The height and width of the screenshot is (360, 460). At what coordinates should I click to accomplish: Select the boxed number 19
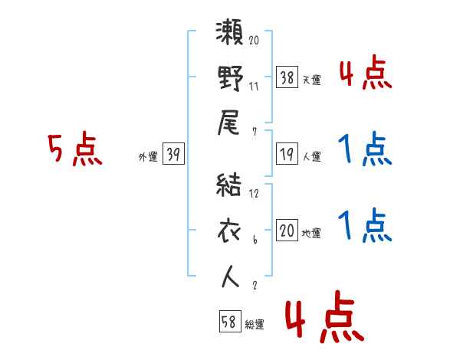pyautogui.click(x=287, y=154)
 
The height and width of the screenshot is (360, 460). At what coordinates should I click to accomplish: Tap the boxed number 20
pyautogui.click(x=287, y=231)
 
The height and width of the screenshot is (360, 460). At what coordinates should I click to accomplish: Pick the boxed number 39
pyautogui.click(x=173, y=155)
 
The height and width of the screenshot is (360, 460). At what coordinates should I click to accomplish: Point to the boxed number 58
pyautogui.click(x=228, y=322)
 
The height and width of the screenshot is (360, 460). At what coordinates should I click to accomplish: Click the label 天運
pyautogui.click(x=311, y=80)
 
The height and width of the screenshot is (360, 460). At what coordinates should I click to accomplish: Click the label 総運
pyautogui.click(x=254, y=325)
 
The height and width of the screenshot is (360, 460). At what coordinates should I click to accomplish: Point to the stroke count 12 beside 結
pyautogui.click(x=255, y=195)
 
